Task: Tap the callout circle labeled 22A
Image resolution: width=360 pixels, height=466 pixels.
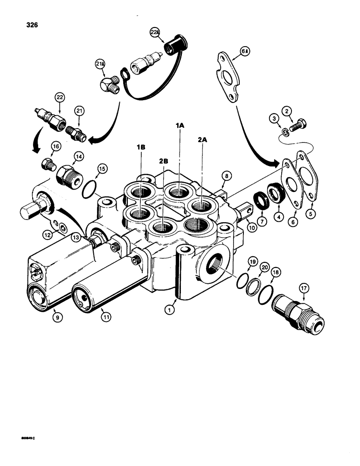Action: pyautogui.click(x=154, y=33)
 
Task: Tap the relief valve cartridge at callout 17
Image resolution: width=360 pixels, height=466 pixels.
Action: pyautogui.click(x=298, y=315)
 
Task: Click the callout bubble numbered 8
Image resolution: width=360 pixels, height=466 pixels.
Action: pyautogui.click(x=227, y=176)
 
